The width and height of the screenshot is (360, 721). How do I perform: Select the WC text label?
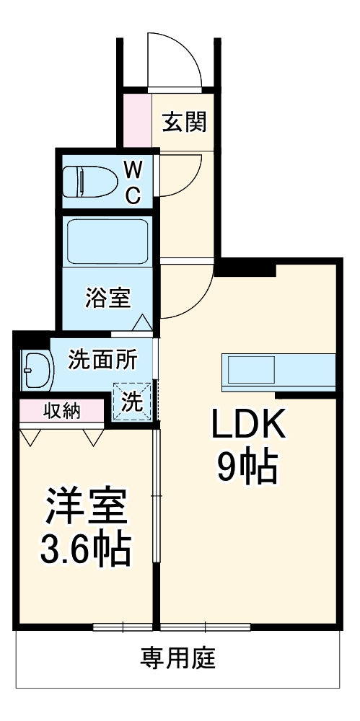(133, 183)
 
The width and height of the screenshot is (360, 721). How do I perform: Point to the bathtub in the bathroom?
(107, 242)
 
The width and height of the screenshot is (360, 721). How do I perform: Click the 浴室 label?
(108, 298)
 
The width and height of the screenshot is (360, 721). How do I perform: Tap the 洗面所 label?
(102, 359)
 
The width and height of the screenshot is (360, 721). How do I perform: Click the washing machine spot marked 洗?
(131, 401)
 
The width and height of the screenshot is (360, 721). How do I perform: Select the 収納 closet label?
(62, 411)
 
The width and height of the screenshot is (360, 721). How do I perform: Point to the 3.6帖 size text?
(85, 549)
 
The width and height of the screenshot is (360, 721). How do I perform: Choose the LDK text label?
(248, 424)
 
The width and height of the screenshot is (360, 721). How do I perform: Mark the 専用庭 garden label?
(177, 658)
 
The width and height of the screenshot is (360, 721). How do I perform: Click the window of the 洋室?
(123, 627)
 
